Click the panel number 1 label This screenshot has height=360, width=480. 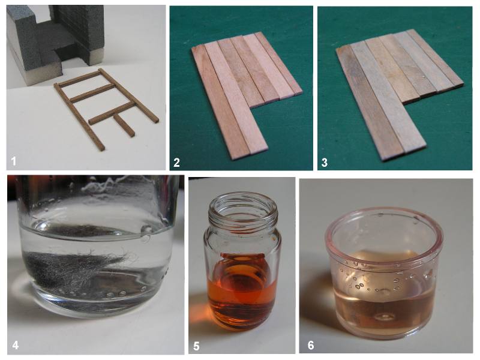click(x=13, y=161)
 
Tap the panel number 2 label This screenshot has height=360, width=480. click(x=176, y=163)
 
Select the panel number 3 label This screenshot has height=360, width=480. click(x=324, y=163)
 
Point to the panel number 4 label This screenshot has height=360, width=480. click(x=16, y=346)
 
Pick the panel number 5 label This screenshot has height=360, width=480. click(x=196, y=346)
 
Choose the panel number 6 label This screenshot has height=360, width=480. click(x=311, y=346)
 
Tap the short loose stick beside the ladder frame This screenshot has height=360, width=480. click(x=124, y=125)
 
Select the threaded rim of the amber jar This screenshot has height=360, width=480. click(x=243, y=203)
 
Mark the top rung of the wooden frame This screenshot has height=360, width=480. click(x=79, y=79)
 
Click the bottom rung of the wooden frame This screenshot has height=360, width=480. click(x=112, y=113)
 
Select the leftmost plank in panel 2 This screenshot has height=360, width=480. click(x=219, y=101)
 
